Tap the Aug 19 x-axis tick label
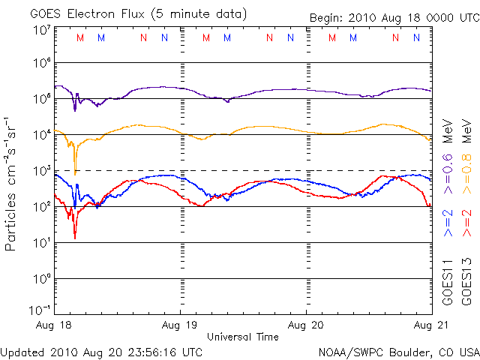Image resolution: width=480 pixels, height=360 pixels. tap(181, 326)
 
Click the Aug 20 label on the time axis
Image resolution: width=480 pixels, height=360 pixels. tap(306, 326)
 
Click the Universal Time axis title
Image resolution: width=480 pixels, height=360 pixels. tap(243, 337)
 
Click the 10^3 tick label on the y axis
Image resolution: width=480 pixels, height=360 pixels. tap(41, 171)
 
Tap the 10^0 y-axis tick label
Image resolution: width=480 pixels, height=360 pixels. tap(41, 279)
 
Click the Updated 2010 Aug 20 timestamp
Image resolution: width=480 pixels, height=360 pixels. tap(102, 351)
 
